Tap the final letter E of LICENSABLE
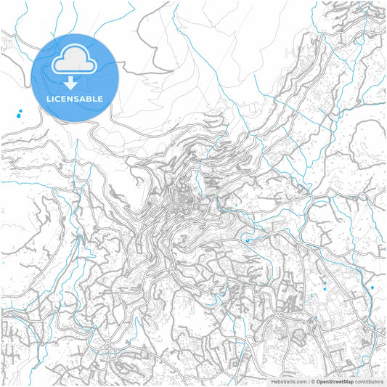pyautogui.click(x=101, y=98)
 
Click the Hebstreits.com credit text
pyautogui.click(x=288, y=381)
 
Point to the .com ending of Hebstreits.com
pyautogui.click(x=301, y=381)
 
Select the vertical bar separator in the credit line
pyautogui.click(x=309, y=381)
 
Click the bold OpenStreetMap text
pyautogui.click(x=335, y=381)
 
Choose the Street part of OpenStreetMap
pyautogui.click(x=335, y=381)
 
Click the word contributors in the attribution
pyautogui.click(x=369, y=381)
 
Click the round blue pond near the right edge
pyautogui.click(x=372, y=288)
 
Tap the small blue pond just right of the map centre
pyautogui.click(x=247, y=241)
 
